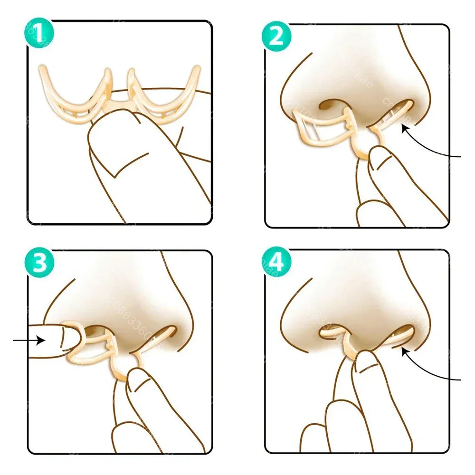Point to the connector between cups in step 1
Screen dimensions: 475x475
(119, 102)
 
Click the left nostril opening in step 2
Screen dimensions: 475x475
(330, 104)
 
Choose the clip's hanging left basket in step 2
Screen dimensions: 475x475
(321, 126)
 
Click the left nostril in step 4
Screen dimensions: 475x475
(332, 330)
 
